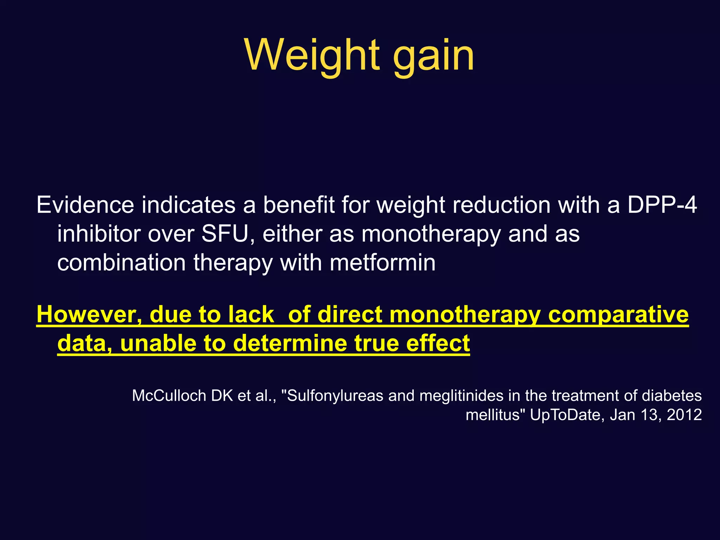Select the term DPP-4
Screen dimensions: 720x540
(x=662, y=205)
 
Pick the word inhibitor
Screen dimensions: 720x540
(x=98, y=234)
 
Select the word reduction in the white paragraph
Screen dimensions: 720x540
(x=501, y=205)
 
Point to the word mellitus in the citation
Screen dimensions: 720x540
(x=492, y=415)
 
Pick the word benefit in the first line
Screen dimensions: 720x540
(x=299, y=205)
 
